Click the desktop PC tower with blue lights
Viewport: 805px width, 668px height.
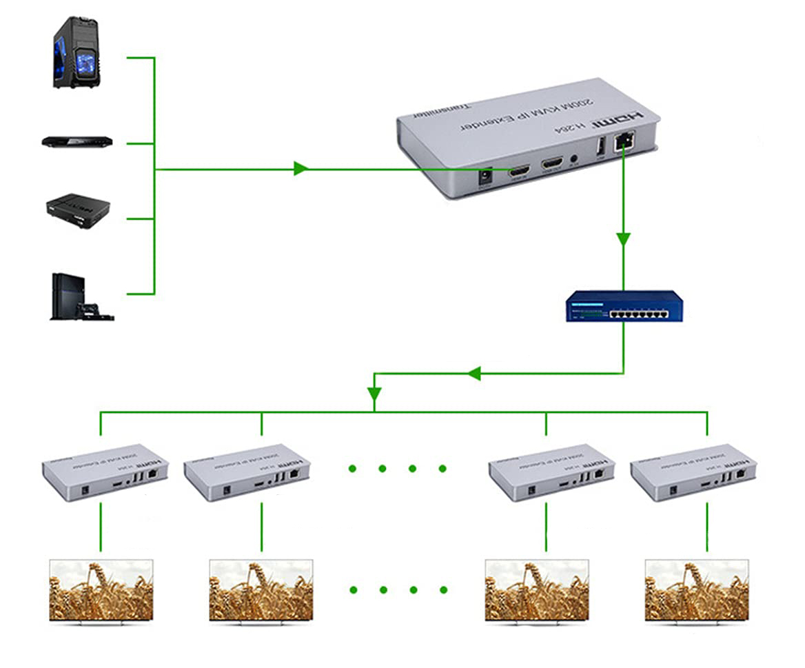coord(75,53)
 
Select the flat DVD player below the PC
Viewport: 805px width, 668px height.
coord(77,142)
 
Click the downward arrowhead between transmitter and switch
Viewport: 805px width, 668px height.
coord(623,239)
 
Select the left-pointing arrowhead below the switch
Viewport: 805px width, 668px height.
coord(473,373)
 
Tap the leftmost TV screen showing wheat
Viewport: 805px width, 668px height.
coord(101,589)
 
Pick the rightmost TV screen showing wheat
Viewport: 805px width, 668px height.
coord(696,589)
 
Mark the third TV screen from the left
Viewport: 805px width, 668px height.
coord(537,589)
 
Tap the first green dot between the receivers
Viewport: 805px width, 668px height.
coord(352,469)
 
